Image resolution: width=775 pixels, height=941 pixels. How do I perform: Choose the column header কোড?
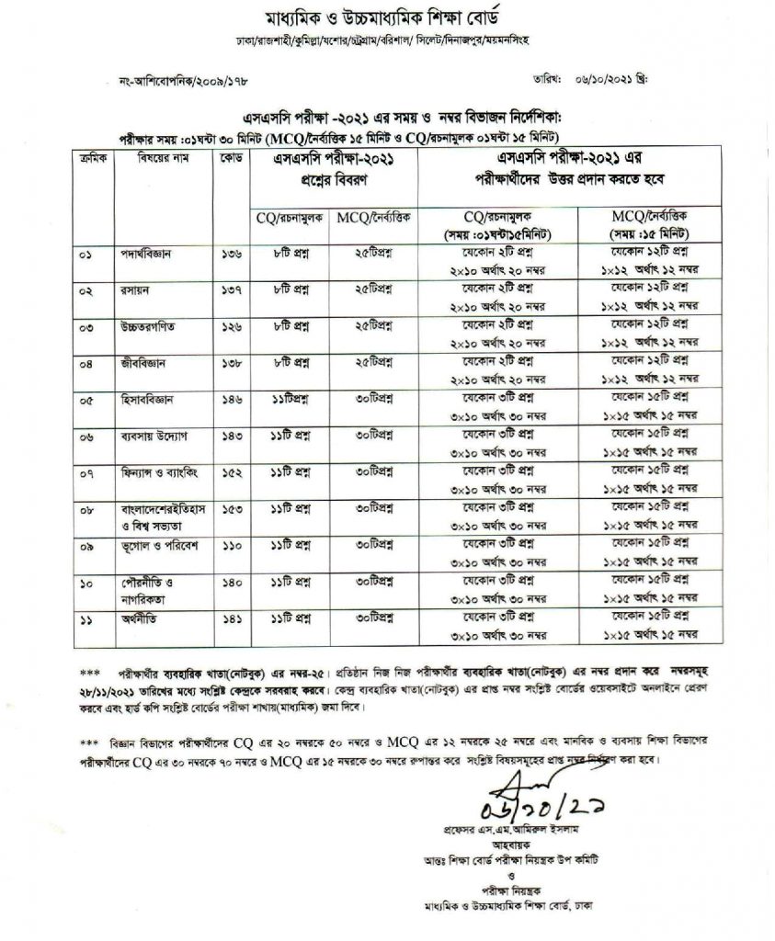point(230,159)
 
